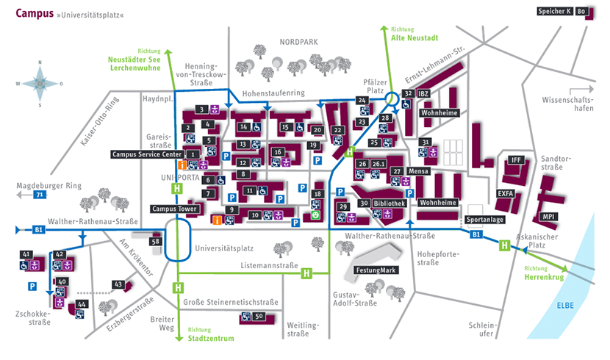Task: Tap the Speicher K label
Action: point(555,12)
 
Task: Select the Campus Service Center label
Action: point(146,154)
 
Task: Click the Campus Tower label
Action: point(174,209)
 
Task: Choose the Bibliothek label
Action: point(389,203)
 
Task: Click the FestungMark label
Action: point(378,270)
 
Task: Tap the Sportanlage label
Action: point(484,220)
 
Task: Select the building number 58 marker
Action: point(155,241)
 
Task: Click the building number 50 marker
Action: point(258,317)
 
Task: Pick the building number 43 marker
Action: point(118,284)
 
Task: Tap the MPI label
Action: point(549,217)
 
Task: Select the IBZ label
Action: point(424,94)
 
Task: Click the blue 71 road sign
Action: point(40,195)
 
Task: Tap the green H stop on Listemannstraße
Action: point(306,273)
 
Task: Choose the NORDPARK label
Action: point(298,42)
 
